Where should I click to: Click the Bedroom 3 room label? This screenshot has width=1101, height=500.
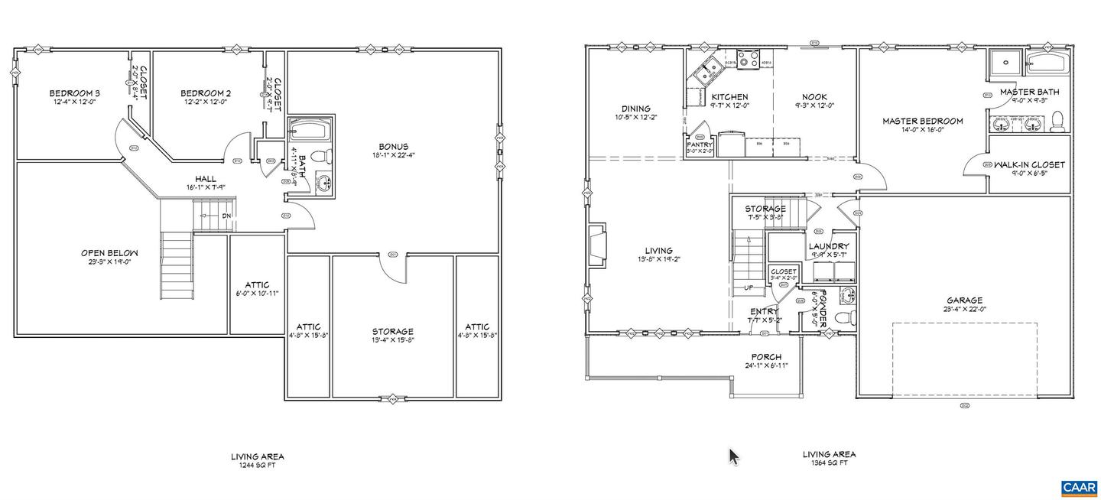point(75,93)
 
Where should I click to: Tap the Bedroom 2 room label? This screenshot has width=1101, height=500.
point(206,93)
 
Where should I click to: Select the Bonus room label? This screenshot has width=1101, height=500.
point(393,147)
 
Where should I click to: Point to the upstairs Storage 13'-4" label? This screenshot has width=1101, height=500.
point(392,331)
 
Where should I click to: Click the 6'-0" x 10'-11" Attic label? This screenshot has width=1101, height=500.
point(256,285)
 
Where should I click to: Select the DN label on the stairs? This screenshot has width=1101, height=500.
point(226,216)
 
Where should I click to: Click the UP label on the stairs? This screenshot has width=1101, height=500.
point(750,288)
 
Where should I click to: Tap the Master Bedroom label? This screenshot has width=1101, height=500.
point(922,121)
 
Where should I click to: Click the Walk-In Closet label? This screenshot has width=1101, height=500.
point(1028,164)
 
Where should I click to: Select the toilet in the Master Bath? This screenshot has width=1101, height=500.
point(1058,121)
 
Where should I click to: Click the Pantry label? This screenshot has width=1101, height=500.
point(700,144)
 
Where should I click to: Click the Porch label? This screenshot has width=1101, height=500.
point(765,357)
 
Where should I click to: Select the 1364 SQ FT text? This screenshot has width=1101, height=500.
point(829,463)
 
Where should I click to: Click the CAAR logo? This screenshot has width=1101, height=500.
point(1078,487)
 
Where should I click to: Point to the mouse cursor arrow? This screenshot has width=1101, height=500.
point(733,456)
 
